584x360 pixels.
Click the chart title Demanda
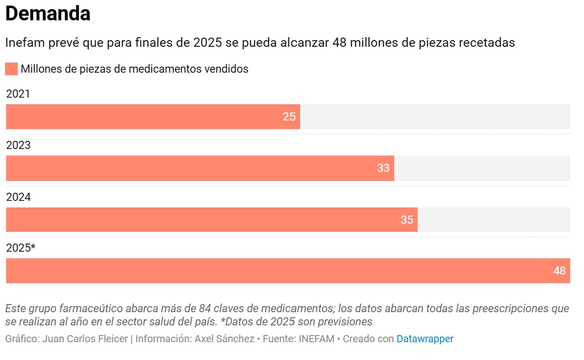click(48, 14)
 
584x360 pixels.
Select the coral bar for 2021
click(153, 116)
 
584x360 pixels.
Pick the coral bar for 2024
click(212, 220)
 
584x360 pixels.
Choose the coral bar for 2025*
click(288, 271)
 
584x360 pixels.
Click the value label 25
click(289, 116)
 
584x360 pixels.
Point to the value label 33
click(383, 168)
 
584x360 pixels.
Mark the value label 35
click(406, 220)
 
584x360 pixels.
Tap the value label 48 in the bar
click(559, 271)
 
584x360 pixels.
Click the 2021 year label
click(18, 94)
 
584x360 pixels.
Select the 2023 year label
click(18, 145)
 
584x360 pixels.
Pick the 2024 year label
click(18, 197)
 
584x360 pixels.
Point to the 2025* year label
click(21, 248)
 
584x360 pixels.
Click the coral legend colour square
click(11, 69)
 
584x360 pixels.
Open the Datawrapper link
click(425, 339)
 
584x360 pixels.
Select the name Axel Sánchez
click(224, 339)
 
